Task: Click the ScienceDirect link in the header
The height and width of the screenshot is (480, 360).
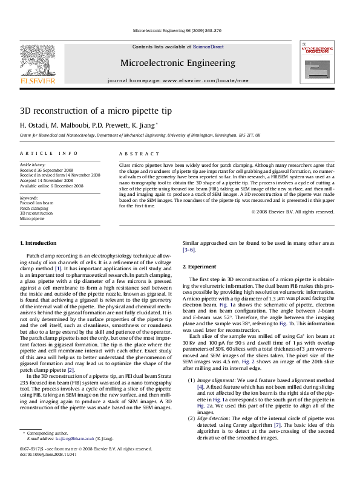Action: tap(208, 47)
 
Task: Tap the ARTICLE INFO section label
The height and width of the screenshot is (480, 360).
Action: tap(48, 154)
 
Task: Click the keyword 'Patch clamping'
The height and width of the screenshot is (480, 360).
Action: tap(34, 208)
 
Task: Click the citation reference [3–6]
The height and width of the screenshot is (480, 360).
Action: tap(189, 250)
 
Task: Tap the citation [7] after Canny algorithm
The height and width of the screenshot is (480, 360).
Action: tap(278, 426)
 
